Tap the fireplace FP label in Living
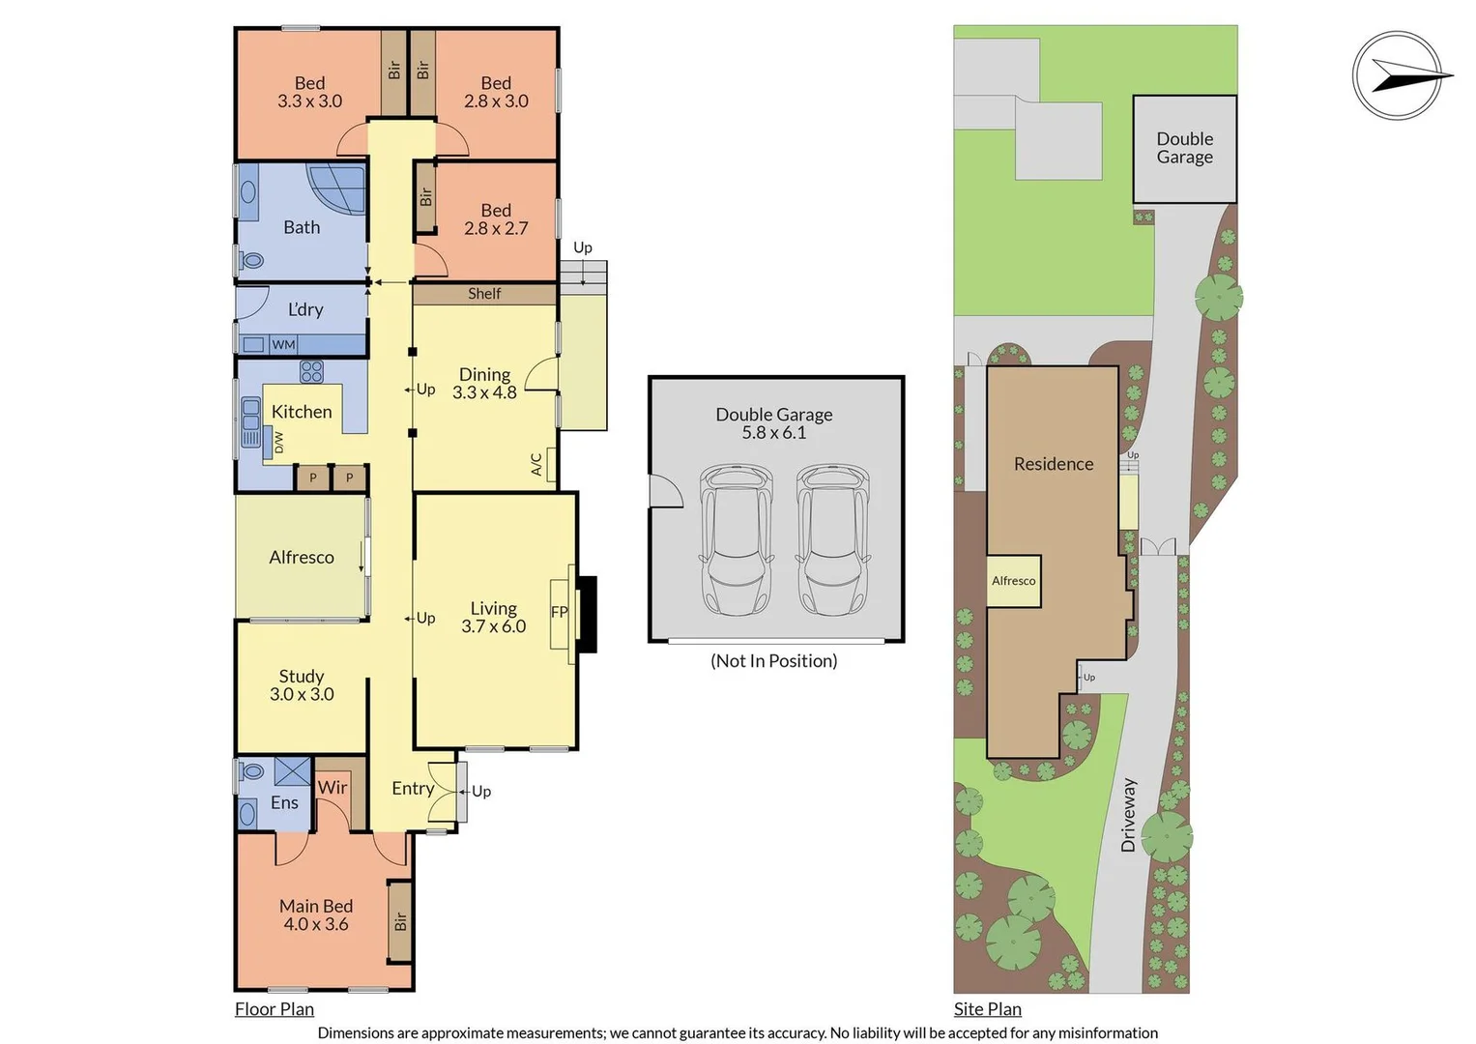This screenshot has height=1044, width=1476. click(x=559, y=612)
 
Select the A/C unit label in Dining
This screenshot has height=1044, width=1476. click(x=536, y=464)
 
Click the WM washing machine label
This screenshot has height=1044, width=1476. click(x=283, y=344)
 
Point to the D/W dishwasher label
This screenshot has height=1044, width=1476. click(x=278, y=443)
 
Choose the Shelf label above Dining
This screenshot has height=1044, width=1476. click(x=484, y=293)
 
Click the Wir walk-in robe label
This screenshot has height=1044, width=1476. click(x=333, y=787)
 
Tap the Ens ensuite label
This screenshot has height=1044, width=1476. click(x=284, y=802)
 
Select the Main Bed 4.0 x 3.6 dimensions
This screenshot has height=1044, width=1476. click(x=316, y=924)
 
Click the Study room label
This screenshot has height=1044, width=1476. click(x=302, y=677)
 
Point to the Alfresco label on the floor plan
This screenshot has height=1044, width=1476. click(x=302, y=557)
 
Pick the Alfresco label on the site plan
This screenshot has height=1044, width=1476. click(x=1013, y=581)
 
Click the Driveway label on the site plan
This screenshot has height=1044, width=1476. click(x=1129, y=815)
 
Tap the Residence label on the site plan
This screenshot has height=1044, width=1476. click(x=1054, y=464)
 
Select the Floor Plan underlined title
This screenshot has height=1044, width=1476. click(x=275, y=1008)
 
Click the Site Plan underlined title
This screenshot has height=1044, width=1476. click(x=988, y=1008)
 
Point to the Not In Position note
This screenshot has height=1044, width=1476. click(x=773, y=660)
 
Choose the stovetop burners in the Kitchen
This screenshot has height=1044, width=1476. click(x=311, y=371)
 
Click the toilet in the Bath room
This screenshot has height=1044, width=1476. click(x=251, y=260)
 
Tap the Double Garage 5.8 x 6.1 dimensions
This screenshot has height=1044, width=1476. click(x=773, y=432)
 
